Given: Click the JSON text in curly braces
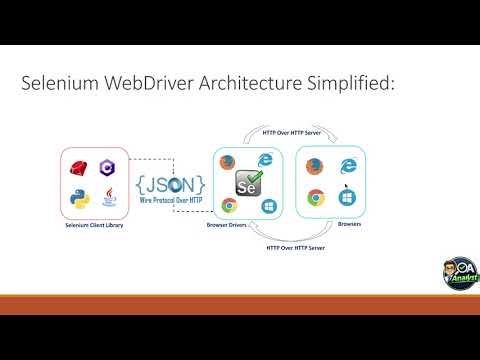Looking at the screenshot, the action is [x=172, y=185].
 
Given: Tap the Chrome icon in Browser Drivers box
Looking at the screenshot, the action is [x=229, y=206].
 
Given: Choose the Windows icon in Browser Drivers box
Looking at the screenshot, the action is [x=268, y=205].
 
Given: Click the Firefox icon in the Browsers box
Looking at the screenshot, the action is [x=315, y=166].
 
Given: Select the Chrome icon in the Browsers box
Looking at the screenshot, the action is [x=315, y=198].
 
